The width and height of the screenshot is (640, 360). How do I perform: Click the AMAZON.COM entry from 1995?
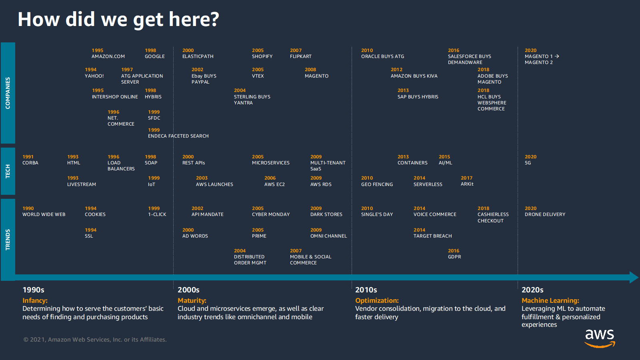point(108,56)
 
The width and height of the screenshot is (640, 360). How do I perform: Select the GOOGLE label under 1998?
point(154,56)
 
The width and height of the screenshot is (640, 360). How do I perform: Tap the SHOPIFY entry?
point(262,56)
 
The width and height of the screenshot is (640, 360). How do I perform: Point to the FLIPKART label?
point(300,56)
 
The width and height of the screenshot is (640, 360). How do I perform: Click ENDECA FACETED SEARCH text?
point(178,136)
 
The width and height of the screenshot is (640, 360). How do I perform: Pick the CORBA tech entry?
point(30,163)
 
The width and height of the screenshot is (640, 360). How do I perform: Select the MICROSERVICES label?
point(270,163)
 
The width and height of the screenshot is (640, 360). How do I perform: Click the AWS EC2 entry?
point(274,184)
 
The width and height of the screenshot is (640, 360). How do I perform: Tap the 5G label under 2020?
point(528,163)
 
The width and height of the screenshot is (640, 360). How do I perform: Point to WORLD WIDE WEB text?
point(44,214)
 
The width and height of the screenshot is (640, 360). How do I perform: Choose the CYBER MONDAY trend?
point(270,214)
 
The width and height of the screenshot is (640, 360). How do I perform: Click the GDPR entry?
point(454,257)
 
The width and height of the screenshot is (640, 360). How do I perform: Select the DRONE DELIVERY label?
point(545,214)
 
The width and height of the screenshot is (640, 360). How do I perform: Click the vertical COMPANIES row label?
point(8,93)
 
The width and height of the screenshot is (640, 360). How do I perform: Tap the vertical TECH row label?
point(8,172)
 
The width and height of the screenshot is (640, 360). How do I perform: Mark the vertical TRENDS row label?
point(8,240)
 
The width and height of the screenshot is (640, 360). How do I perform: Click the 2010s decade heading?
point(366,290)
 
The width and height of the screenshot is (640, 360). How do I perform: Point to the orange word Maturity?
point(192,300)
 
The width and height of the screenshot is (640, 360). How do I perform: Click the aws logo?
point(600,337)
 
